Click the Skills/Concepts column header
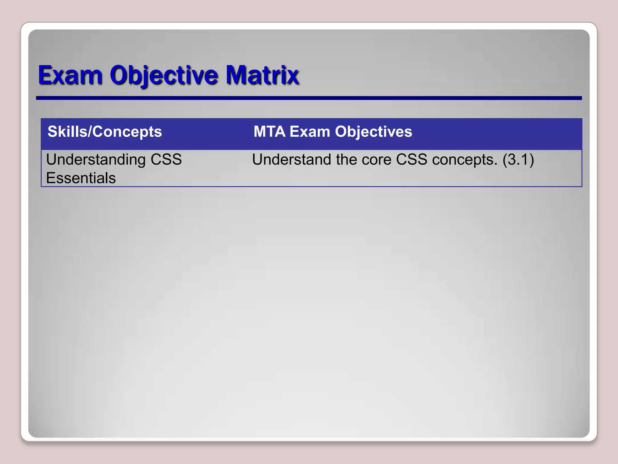click(x=105, y=132)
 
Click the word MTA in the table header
click(x=269, y=132)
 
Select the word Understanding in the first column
click(x=96, y=159)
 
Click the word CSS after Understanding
click(x=166, y=159)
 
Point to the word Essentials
click(x=81, y=178)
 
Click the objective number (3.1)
click(x=518, y=159)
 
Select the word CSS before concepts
click(x=412, y=159)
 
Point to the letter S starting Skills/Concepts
click(x=53, y=132)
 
